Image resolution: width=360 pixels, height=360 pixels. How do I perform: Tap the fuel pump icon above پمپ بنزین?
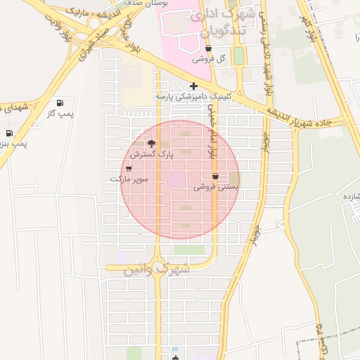[x=9, y=133]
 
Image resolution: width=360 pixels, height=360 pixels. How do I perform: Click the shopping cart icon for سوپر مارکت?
[x=129, y=169]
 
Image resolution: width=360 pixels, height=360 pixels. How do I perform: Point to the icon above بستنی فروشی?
[x=215, y=176]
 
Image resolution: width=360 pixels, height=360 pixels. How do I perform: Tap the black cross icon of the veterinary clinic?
[x=193, y=86]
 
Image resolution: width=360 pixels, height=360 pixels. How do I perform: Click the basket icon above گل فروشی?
[x=209, y=49]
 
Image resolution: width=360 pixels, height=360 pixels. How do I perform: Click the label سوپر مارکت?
[x=129, y=179]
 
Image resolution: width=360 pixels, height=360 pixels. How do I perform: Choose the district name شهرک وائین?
[x=157, y=269]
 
